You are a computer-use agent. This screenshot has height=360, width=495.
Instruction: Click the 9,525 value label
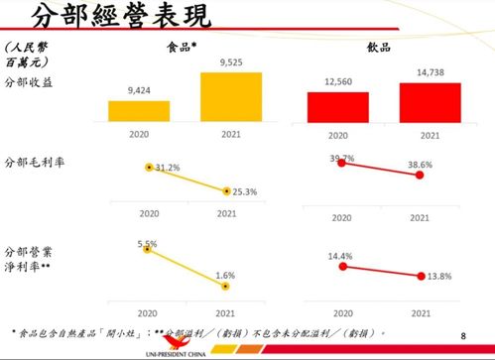tap(230, 63)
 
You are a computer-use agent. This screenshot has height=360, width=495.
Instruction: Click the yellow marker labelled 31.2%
tap(149, 168)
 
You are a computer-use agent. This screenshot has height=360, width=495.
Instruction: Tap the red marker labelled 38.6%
tap(420, 175)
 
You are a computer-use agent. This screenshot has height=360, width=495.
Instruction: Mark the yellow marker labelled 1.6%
tap(227, 287)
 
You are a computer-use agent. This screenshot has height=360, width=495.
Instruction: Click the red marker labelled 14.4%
tap(340, 266)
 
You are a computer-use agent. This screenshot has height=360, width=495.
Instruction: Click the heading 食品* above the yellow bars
tap(182, 47)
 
